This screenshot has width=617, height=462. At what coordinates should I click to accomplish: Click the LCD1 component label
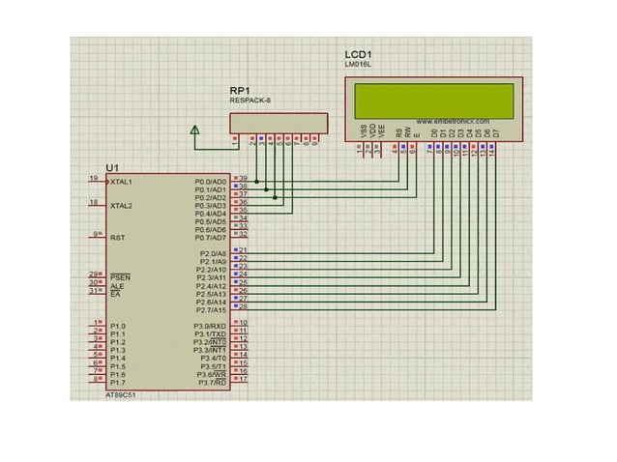359,54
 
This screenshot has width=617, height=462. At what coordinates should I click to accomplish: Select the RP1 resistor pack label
240,90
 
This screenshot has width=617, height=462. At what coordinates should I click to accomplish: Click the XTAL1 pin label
122,182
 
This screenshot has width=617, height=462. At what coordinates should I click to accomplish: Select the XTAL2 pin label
122,206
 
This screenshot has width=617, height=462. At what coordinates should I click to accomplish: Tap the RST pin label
117,237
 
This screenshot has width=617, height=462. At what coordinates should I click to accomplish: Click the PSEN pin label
120,277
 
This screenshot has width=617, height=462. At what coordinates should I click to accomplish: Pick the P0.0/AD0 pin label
210,182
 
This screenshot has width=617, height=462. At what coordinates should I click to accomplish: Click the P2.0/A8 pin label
212,253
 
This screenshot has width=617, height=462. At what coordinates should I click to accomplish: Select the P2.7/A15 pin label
211,310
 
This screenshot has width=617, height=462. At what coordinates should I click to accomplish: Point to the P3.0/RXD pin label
210,327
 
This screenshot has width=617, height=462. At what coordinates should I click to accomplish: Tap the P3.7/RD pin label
212,383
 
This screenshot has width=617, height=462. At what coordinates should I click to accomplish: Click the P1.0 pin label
117,327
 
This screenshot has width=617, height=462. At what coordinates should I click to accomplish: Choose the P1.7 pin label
117,383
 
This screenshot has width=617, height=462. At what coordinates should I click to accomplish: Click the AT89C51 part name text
121,395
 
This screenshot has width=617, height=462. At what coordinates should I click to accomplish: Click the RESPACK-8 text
250,101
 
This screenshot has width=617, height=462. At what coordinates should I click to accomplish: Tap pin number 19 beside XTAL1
93,179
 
